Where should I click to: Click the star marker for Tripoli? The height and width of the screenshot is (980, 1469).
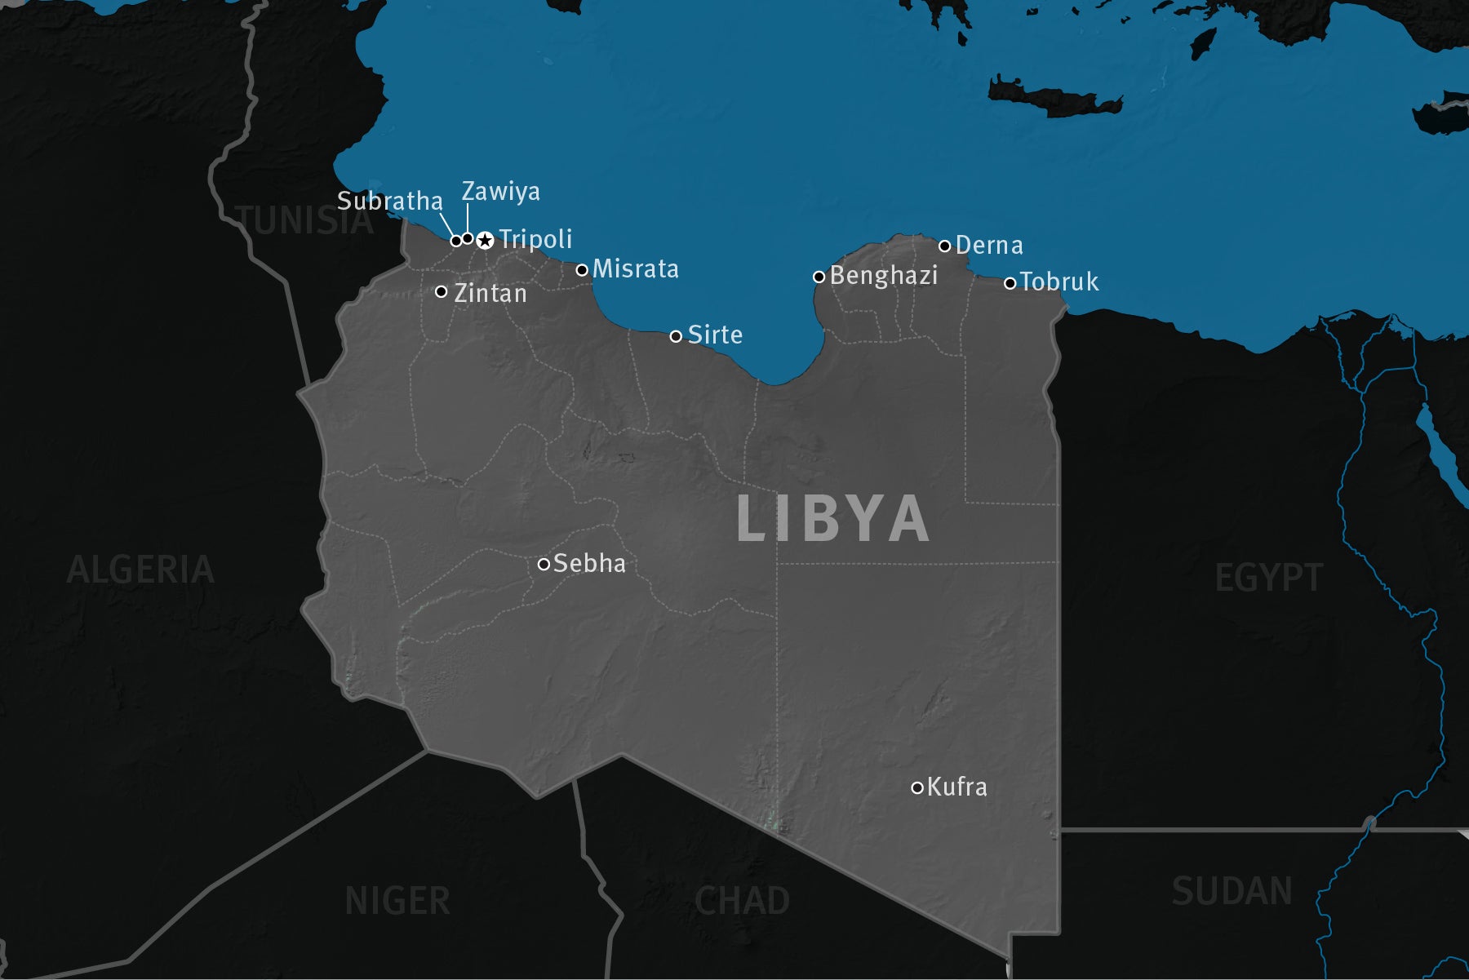point(485,240)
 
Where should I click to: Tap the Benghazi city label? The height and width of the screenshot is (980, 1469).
point(884,276)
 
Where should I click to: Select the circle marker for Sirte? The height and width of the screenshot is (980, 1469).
point(676,336)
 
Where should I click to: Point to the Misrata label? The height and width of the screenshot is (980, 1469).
point(635,269)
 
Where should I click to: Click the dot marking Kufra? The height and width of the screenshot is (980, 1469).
point(917,787)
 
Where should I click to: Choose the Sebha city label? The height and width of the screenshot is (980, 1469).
point(589,564)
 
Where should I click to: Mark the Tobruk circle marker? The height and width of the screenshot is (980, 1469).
point(1010,283)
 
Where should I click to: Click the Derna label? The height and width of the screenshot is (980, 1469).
point(989,246)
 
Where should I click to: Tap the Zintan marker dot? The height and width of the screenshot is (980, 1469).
point(442,291)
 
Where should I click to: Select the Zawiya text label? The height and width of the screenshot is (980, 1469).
point(501,192)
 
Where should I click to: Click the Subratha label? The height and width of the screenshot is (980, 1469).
point(390,201)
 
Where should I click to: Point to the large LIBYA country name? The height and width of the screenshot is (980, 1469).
point(832,518)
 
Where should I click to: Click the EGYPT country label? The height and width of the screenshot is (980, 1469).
point(1268,579)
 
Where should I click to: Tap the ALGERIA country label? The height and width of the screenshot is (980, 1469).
point(140,570)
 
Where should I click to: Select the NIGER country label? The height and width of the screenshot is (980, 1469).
point(397,902)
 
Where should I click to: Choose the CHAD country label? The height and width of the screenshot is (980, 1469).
point(742,902)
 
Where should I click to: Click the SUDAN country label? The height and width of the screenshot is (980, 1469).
point(1232,891)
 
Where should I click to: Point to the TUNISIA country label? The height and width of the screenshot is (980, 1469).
point(304,221)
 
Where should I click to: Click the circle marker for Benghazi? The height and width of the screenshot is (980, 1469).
point(819,277)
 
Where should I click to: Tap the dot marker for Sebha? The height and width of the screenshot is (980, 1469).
point(544,564)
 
